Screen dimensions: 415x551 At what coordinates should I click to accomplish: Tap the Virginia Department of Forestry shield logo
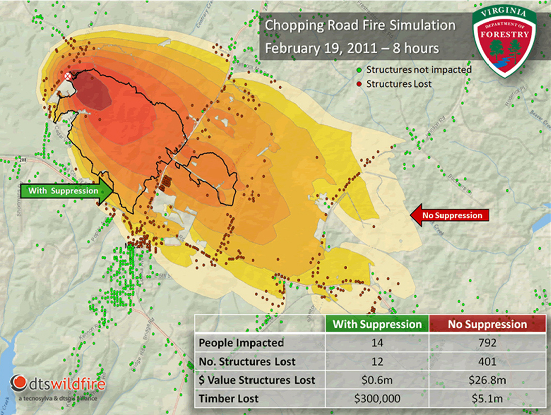[505, 41]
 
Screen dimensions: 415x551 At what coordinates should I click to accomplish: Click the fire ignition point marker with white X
[67, 76]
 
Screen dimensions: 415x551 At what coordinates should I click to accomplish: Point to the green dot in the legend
[359, 70]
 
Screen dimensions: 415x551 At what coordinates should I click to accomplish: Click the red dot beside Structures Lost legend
[359, 83]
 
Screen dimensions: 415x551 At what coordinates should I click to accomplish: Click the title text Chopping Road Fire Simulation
[360, 26]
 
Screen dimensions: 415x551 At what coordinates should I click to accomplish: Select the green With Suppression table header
[377, 324]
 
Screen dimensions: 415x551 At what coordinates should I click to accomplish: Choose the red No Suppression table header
[487, 324]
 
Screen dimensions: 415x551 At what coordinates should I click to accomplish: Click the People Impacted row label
[241, 343]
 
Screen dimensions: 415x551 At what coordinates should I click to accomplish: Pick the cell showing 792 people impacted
[487, 343]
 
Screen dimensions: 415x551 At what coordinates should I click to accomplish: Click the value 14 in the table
[377, 343]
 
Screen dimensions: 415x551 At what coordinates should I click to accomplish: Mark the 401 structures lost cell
[487, 361]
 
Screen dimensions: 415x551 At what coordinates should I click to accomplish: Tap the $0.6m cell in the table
[377, 380]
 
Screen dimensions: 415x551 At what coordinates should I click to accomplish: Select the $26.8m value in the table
[487, 380]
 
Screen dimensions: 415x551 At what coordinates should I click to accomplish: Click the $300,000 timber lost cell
[377, 398]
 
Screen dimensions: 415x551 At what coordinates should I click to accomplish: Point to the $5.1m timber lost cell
[487, 398]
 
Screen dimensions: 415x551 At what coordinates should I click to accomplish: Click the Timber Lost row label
[230, 398]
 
